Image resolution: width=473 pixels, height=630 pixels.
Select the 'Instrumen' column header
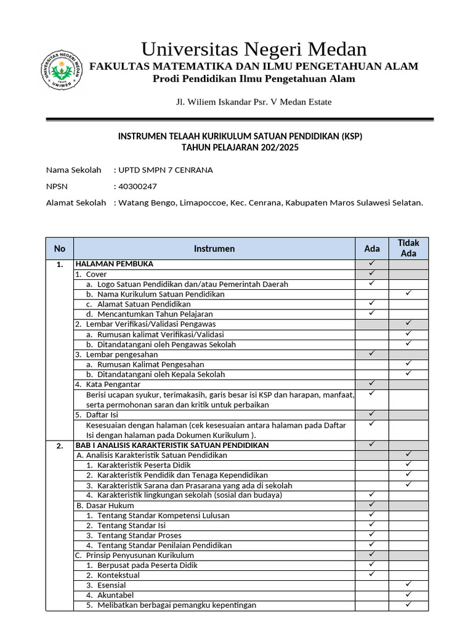coord(214,249)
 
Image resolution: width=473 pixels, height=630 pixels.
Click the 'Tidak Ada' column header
coord(408,248)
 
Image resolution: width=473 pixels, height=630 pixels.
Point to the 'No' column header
coord(60,249)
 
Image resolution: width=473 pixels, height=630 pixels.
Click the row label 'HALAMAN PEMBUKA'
coord(114,264)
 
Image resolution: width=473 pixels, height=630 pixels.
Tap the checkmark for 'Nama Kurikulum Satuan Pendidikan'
coord(408,294)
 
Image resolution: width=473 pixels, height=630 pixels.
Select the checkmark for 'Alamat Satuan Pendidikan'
coord(372,304)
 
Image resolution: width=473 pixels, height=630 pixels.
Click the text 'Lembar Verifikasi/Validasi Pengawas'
coord(150,324)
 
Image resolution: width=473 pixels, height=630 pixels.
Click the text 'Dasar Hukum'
coord(104,505)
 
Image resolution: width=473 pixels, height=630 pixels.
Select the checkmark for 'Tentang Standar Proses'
coord(372,535)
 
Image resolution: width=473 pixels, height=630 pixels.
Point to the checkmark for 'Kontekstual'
coord(372,575)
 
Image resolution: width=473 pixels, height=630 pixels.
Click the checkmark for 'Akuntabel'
coord(408,595)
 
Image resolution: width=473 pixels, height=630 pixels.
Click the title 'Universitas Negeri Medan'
coord(254,49)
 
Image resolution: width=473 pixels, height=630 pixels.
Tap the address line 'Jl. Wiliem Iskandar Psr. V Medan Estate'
coord(254,102)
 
